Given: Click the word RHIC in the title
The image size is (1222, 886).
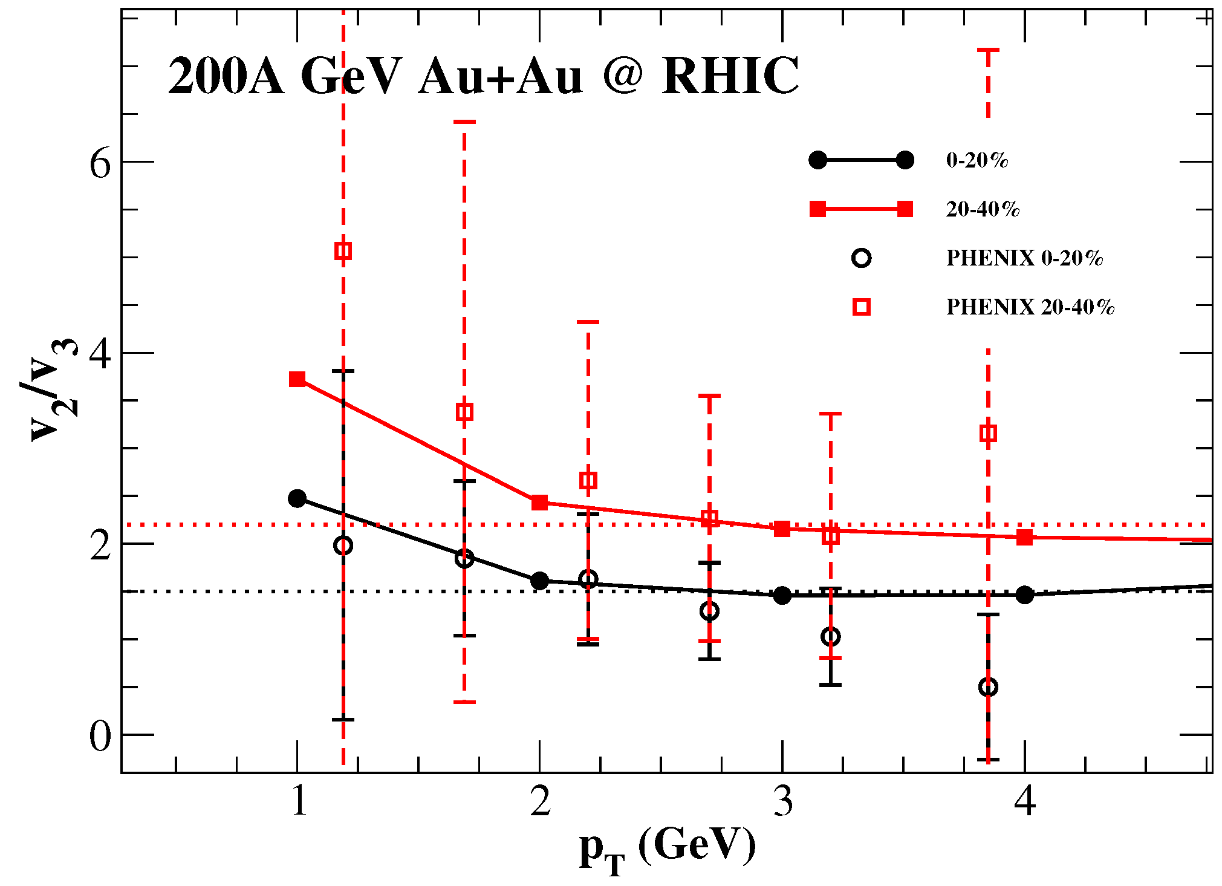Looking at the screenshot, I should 730,77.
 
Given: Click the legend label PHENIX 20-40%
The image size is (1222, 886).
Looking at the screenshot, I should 1030,307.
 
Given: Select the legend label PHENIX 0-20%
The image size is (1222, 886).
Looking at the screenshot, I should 1024,258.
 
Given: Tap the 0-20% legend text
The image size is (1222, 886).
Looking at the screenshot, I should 977,160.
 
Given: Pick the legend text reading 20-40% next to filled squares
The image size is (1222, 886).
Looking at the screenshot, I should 983,209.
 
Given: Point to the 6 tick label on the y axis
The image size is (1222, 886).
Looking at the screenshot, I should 100,162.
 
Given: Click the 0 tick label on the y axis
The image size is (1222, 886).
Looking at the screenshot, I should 100,736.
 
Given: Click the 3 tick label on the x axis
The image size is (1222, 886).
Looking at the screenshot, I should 783,802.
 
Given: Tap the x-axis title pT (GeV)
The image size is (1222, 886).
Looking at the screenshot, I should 668,847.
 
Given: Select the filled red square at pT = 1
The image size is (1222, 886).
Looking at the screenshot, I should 297,379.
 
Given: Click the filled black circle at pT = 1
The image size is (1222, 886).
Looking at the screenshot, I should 297,498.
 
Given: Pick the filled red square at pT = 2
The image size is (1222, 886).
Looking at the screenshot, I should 539,503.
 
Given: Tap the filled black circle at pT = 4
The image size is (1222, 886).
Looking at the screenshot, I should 1024,595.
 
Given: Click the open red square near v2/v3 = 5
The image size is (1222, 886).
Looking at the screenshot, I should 343,251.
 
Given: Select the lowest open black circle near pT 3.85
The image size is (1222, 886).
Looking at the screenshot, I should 988,687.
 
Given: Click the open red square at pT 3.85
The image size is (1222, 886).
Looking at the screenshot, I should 988,434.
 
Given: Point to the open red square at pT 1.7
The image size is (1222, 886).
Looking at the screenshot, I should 464,412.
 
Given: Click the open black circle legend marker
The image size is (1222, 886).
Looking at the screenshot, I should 861,258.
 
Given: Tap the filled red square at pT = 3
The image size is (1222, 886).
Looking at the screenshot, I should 782,529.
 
